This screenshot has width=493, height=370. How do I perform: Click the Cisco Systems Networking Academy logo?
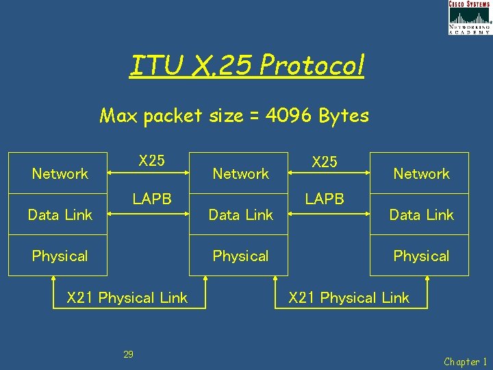470,18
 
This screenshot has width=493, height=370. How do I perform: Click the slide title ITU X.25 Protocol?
246,66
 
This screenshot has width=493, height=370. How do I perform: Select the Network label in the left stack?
60,174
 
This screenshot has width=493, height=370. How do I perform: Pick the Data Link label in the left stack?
60,215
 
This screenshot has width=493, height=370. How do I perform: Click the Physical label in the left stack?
60,256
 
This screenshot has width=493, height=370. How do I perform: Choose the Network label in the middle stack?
241,174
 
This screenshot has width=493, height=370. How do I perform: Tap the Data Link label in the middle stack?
241,215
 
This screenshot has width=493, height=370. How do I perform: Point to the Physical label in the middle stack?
241,256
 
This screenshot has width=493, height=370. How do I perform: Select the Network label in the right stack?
422,174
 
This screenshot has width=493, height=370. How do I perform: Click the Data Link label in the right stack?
422,215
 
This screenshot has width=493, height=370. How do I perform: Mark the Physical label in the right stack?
422,256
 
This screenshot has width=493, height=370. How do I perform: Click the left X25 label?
151,161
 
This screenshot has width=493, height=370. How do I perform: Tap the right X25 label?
325,162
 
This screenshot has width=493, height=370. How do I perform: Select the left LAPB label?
151,199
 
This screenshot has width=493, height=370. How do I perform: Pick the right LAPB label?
325,199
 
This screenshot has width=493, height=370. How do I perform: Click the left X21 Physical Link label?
127,298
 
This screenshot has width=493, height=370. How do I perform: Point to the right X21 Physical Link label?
349,298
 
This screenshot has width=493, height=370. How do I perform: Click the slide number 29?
128,354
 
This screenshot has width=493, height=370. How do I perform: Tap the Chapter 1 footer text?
466,362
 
